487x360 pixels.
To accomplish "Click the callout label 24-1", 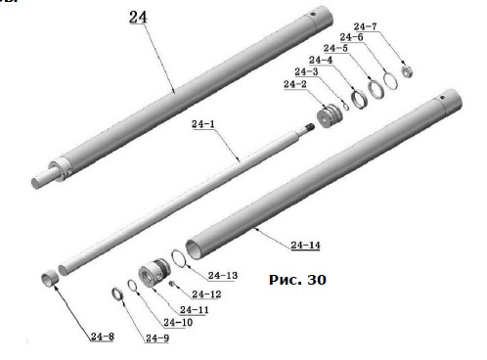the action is coord(203,124).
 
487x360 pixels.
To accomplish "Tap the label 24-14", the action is coord(305,245).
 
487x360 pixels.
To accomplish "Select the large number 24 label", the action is coord(138,17).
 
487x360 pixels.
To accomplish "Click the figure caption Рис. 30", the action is coord(297,280).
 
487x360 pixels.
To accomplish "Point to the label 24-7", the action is coord(365,26).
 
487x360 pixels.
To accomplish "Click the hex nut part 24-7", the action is coord(407,71).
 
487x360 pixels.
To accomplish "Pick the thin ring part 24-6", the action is coord(390,81).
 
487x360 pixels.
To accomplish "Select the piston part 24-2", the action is coord(330,116).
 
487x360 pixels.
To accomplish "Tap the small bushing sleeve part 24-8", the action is coord(50,280).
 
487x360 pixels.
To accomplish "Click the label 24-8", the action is coord(103,337).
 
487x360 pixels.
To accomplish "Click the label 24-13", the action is coord(223,276).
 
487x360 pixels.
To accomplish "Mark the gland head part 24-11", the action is coord(154,272).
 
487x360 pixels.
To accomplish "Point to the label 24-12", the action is coord(206,294).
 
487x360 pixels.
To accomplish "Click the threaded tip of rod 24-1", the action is coord(309,127).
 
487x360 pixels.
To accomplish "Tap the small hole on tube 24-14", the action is coord(442,97).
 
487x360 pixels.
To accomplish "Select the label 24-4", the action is coord(321,60).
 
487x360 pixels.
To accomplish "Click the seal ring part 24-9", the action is coord(117,294).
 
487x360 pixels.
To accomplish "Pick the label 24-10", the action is coord(178,323).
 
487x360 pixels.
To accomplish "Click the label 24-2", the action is coord(295,84).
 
